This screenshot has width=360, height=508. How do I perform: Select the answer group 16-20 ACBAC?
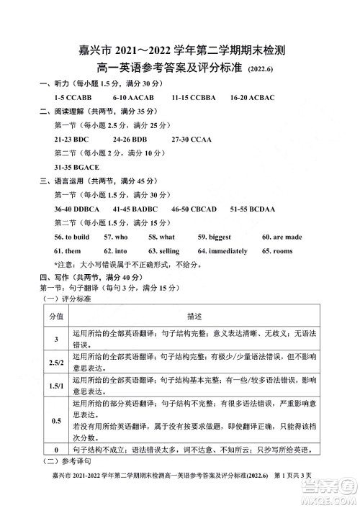coord(251,96)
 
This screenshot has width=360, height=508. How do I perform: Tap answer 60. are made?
coord(282,237)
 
